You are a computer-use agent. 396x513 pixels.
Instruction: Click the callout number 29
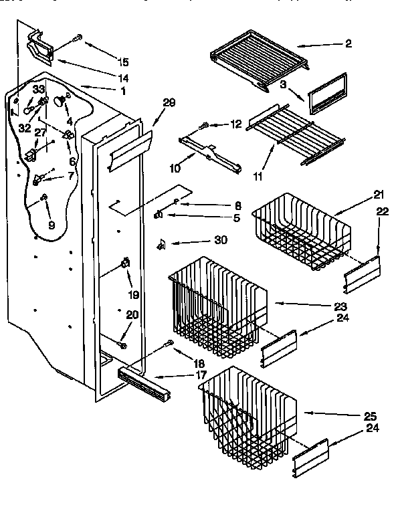pyautogui.click(x=169, y=102)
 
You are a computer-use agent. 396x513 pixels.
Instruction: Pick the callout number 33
pyautogui.click(x=39, y=89)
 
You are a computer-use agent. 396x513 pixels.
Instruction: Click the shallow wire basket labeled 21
pyautogui.click(x=301, y=231)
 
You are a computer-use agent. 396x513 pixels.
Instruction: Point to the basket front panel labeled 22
pyautogui.click(x=361, y=274)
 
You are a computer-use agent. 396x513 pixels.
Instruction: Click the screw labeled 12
pyautogui.click(x=205, y=125)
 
